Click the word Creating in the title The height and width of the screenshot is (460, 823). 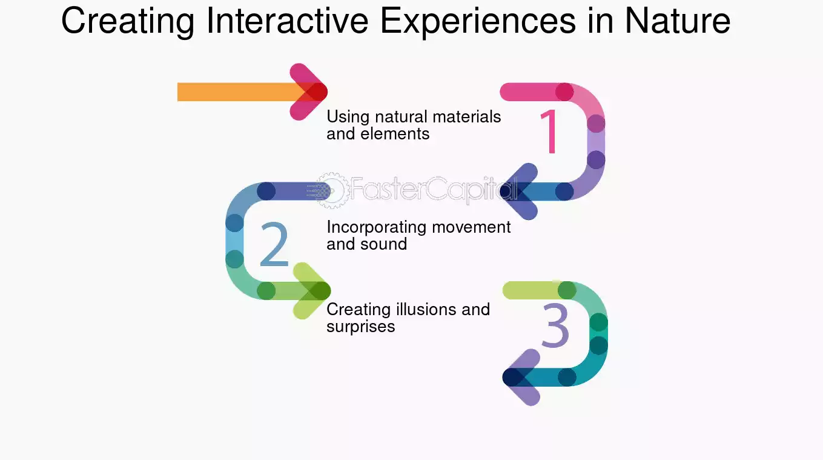(128, 22)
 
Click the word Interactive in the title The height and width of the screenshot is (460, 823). (287, 21)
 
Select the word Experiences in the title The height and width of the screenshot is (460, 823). (478, 22)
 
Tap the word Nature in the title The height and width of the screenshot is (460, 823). (678, 21)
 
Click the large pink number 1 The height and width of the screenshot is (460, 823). (550, 132)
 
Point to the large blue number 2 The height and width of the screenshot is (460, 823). (274, 244)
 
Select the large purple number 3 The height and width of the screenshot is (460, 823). (555, 325)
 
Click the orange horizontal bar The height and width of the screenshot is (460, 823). (242, 92)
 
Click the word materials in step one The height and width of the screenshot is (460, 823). (467, 117)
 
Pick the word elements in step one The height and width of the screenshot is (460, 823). (395, 134)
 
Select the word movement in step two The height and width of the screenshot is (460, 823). (471, 228)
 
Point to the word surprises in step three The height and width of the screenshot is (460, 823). (361, 327)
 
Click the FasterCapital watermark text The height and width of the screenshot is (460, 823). (434, 189)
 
